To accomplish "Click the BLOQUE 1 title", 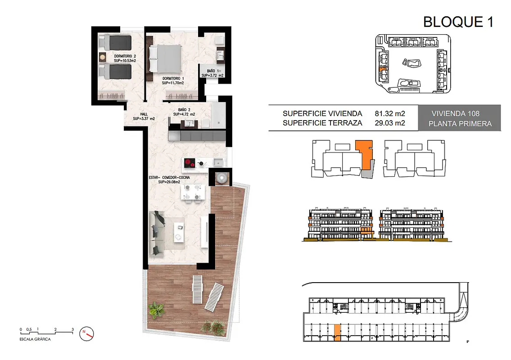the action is click(x=458, y=22).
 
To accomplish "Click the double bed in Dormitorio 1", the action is click(x=165, y=58).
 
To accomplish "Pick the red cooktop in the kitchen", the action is click(x=190, y=162).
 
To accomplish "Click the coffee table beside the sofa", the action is click(x=179, y=232).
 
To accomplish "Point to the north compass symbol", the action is click(x=87, y=333).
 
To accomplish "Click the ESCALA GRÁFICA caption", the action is click(x=35, y=339).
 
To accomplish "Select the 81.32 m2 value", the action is click(x=390, y=113).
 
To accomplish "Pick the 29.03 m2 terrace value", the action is click(x=390, y=123).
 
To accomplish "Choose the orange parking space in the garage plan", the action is click(x=338, y=333).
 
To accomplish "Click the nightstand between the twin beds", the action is click(x=103, y=57).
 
